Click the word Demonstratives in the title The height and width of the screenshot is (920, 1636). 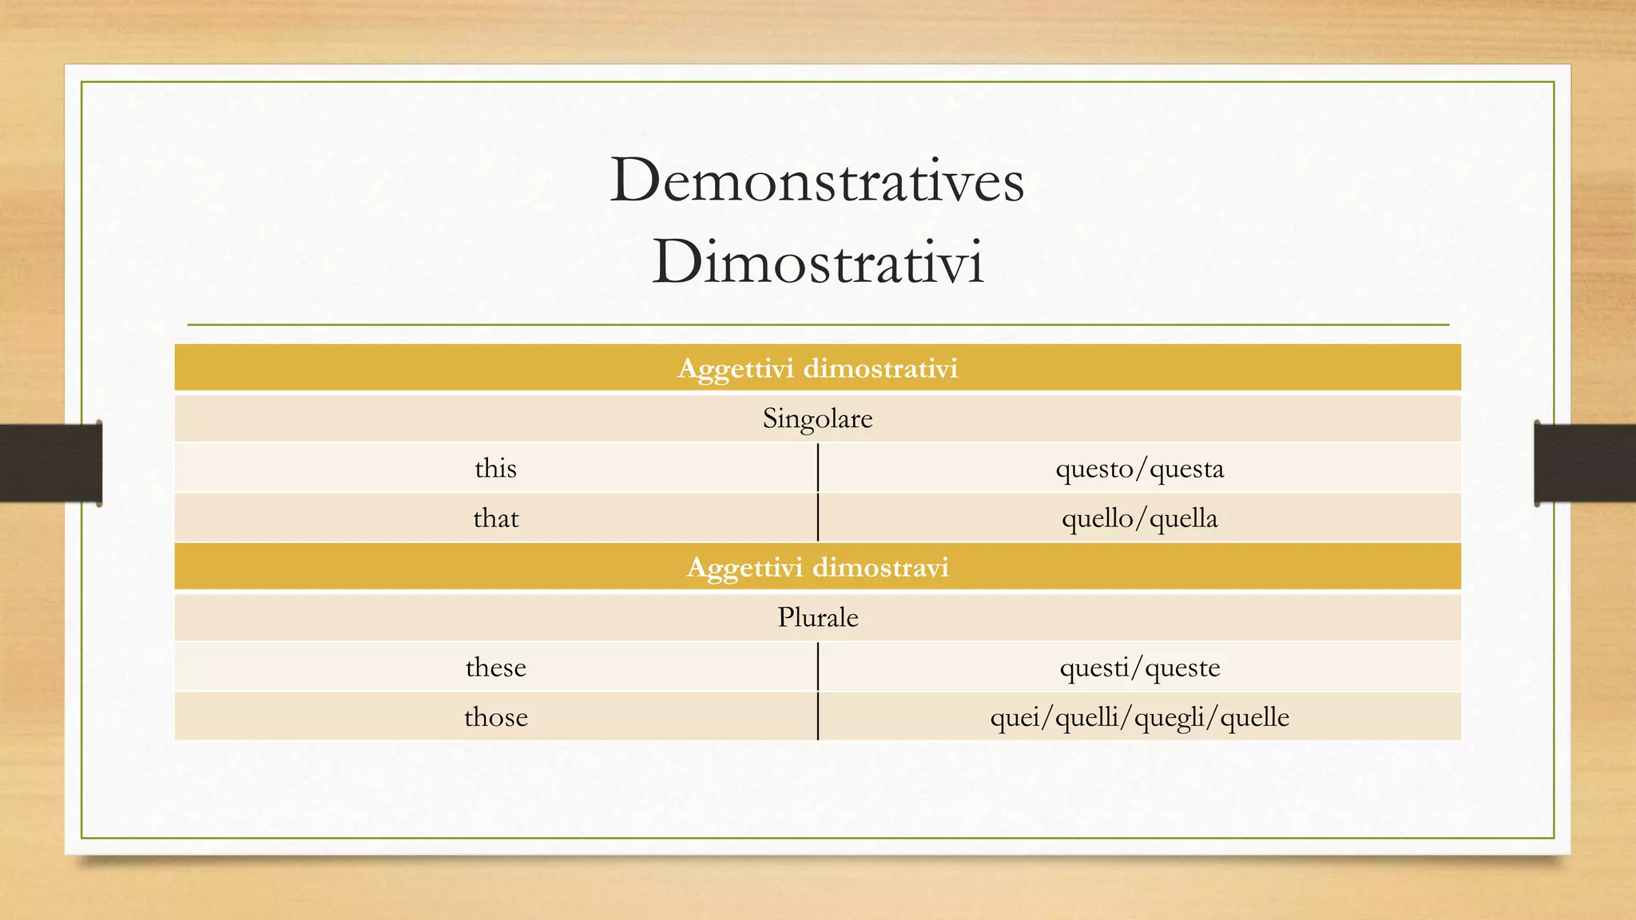[816, 181]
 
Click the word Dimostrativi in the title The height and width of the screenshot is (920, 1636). [817, 262]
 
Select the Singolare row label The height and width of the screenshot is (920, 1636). [817, 418]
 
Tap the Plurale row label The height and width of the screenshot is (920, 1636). [817, 617]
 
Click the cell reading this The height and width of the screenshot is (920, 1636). [495, 468]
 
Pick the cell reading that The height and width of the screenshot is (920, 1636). [495, 518]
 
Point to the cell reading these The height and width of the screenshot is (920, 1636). [495, 667]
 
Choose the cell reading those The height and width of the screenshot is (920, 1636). [495, 717]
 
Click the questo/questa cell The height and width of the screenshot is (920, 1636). [1139, 468]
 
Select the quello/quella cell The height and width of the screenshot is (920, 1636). [1139, 518]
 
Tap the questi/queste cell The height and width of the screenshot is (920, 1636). [1139, 667]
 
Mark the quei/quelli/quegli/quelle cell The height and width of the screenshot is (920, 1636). [1139, 717]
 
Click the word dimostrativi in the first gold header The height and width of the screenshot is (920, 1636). [880, 369]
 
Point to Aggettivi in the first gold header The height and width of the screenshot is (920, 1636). [736, 369]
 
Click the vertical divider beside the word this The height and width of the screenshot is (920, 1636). [818, 468]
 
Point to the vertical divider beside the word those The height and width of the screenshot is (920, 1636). [818, 717]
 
